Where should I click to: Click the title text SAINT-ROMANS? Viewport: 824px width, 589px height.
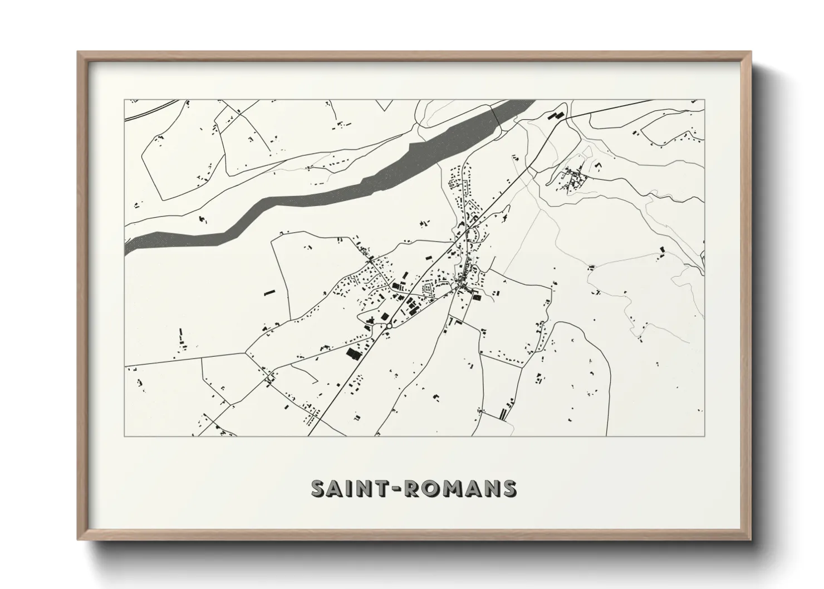[414, 488]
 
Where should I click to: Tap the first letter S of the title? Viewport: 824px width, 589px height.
[318, 488]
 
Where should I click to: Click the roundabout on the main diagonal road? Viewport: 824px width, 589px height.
[386, 328]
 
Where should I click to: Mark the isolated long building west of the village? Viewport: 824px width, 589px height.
[269, 292]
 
